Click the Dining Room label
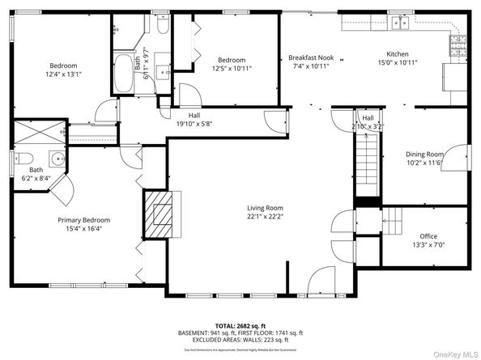pyautogui.click(x=424, y=154)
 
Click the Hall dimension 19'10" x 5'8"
pyautogui.click(x=194, y=124)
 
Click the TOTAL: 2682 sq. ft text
pyautogui.click(x=240, y=324)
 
